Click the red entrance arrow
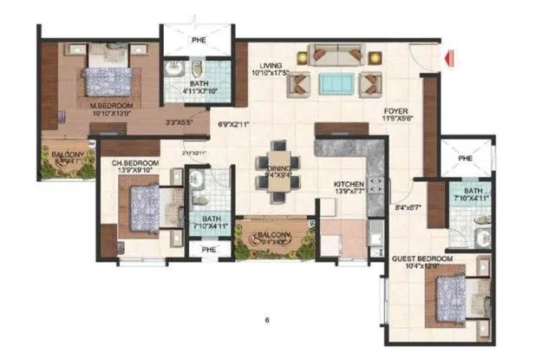[x=448, y=59]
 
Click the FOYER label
[x=397, y=112]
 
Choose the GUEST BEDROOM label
[x=422, y=259]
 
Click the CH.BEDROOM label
[x=134, y=162]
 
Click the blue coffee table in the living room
[x=333, y=83]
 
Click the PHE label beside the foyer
[x=464, y=158]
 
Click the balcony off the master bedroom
[x=66, y=159]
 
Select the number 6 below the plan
[x=267, y=320]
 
